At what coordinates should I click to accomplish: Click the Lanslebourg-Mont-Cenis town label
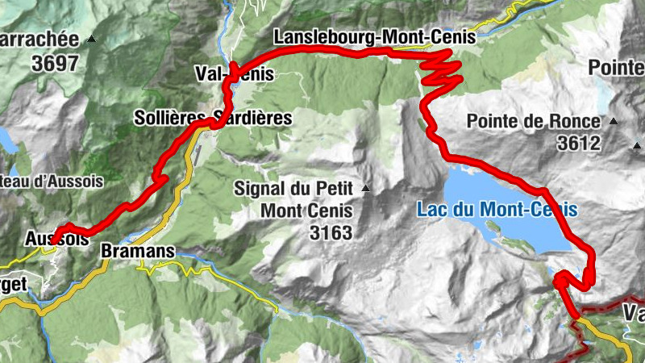coord(376,37)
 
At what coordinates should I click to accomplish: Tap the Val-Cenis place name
coord(235,74)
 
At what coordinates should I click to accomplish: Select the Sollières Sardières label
coord(213,118)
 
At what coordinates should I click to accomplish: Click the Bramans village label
coord(138,252)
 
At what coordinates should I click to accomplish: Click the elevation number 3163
coord(331,234)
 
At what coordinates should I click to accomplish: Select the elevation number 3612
coord(579,144)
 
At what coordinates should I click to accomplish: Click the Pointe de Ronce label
coord(534,122)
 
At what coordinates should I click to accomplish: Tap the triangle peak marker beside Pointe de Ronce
coord(614,122)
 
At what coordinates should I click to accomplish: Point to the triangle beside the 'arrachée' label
coord(92,39)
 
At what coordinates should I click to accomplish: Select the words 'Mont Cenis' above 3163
coord(306,211)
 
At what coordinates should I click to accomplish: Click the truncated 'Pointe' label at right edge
coord(616,67)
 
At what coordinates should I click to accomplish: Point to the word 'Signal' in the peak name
coord(257,189)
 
